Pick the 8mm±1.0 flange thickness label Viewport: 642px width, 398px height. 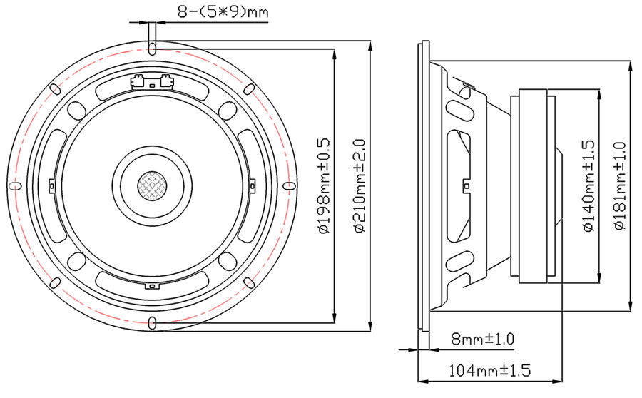click(x=482, y=339)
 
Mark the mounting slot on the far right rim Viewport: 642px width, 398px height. click(x=290, y=186)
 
